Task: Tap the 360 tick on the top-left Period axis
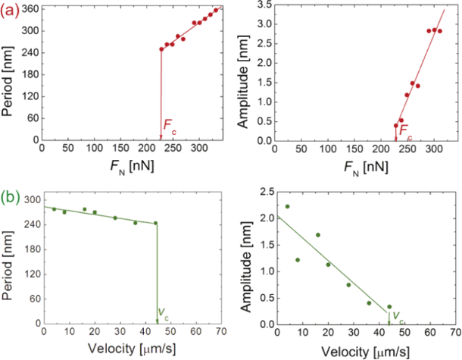[x=30, y=8]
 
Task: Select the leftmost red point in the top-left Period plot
[x=161, y=49]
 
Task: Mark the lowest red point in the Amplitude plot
[x=395, y=126]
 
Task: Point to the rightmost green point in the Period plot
[x=155, y=223]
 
